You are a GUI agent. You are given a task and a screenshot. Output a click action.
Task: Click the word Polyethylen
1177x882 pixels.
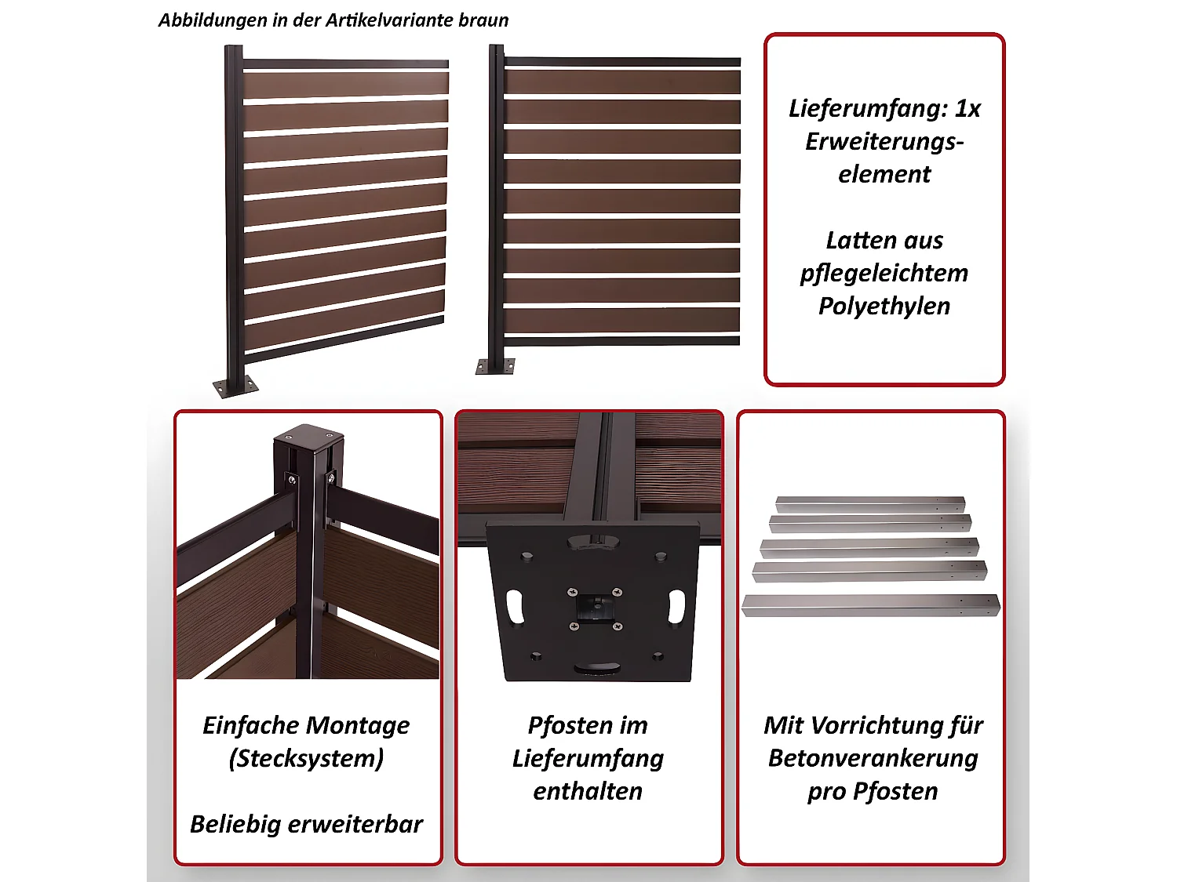point(884,306)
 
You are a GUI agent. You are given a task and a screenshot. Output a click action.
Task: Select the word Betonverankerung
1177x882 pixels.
point(873,758)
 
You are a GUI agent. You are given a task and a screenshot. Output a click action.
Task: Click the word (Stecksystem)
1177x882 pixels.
point(306,758)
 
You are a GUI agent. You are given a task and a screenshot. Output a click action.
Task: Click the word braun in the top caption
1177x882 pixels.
point(483,20)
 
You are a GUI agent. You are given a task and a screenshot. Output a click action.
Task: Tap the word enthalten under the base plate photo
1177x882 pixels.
point(588,791)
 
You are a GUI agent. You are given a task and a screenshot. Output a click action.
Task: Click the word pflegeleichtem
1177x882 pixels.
point(884,273)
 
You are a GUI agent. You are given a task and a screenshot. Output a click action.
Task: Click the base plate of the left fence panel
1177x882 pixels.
point(235,387)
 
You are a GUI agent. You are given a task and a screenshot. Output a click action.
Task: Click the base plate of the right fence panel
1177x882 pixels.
point(495,366)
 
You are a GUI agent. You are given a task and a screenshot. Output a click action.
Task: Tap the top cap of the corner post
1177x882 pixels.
point(308,435)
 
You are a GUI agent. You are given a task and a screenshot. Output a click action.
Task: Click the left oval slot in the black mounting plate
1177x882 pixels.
point(516,606)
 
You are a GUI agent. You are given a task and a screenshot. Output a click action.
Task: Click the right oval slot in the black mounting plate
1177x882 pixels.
point(676,606)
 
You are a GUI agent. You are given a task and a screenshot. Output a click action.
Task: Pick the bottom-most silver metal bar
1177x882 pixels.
point(869,605)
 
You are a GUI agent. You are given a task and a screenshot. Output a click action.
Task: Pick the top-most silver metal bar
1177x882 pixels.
point(869,503)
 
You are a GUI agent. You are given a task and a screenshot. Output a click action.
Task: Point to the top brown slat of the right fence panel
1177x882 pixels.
point(622,82)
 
